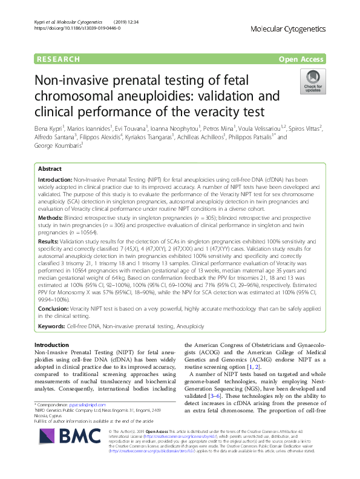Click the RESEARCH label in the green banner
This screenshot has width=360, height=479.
pyautogui.click(x=58, y=59)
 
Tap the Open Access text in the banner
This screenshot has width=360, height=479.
pyautogui.click(x=302, y=59)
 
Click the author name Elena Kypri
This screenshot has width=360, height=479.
pyautogui.click(x=49, y=128)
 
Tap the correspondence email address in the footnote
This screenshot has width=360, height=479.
pyautogui.click(x=93, y=404)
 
